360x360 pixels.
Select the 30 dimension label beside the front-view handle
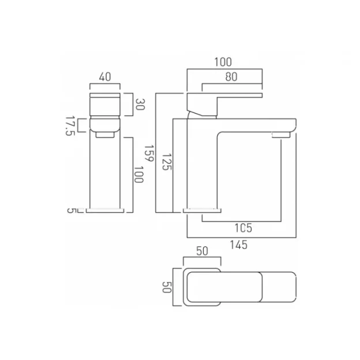[138, 104]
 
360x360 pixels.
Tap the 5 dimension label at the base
[71, 209]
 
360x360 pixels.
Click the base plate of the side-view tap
[203, 209]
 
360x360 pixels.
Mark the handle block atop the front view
[104, 104]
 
